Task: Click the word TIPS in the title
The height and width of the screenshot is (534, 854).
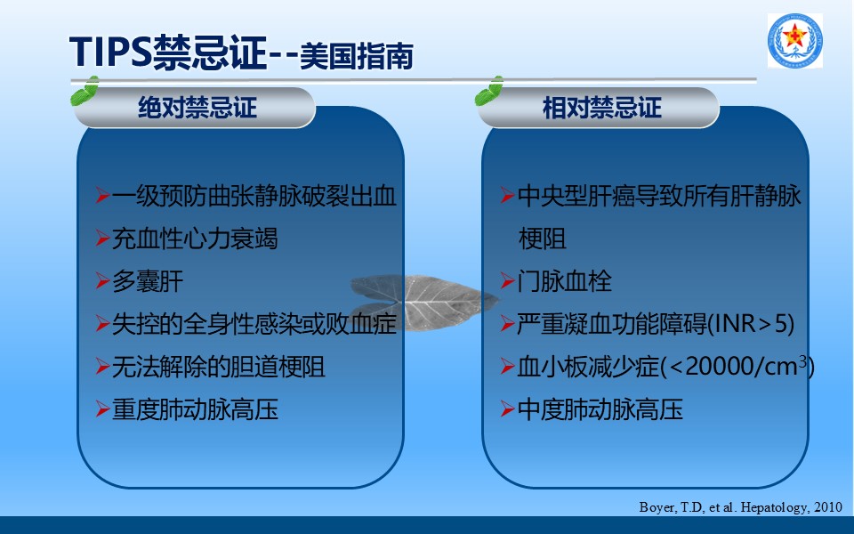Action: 110,52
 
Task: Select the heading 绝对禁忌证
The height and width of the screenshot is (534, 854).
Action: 197,108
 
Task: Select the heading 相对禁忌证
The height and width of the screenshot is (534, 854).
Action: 602,108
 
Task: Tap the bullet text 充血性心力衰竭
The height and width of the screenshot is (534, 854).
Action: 195,239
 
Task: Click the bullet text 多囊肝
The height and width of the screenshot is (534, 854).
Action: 148,281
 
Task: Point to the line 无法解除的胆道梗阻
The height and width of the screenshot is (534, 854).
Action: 219,367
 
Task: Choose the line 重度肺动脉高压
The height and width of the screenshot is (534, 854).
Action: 195,409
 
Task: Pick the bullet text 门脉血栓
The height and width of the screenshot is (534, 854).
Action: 564,281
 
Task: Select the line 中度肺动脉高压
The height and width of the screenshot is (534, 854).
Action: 600,409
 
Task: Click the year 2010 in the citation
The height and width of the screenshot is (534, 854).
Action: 828,507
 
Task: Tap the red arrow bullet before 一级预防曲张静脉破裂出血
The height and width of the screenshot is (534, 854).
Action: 102,196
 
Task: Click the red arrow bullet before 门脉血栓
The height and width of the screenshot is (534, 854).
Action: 507,281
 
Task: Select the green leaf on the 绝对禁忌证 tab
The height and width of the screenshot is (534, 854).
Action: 85,91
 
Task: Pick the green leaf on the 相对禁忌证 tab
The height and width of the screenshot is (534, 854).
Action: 489,91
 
